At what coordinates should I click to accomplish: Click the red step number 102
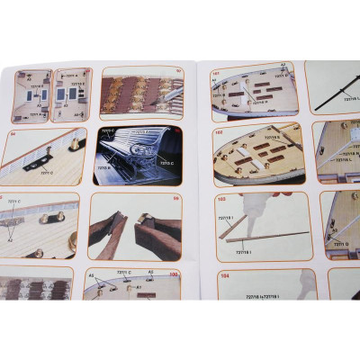[218, 131]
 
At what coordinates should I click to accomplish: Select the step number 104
[224, 276]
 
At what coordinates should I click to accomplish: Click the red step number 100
[173, 274]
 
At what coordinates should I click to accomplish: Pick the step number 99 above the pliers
[176, 198]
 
